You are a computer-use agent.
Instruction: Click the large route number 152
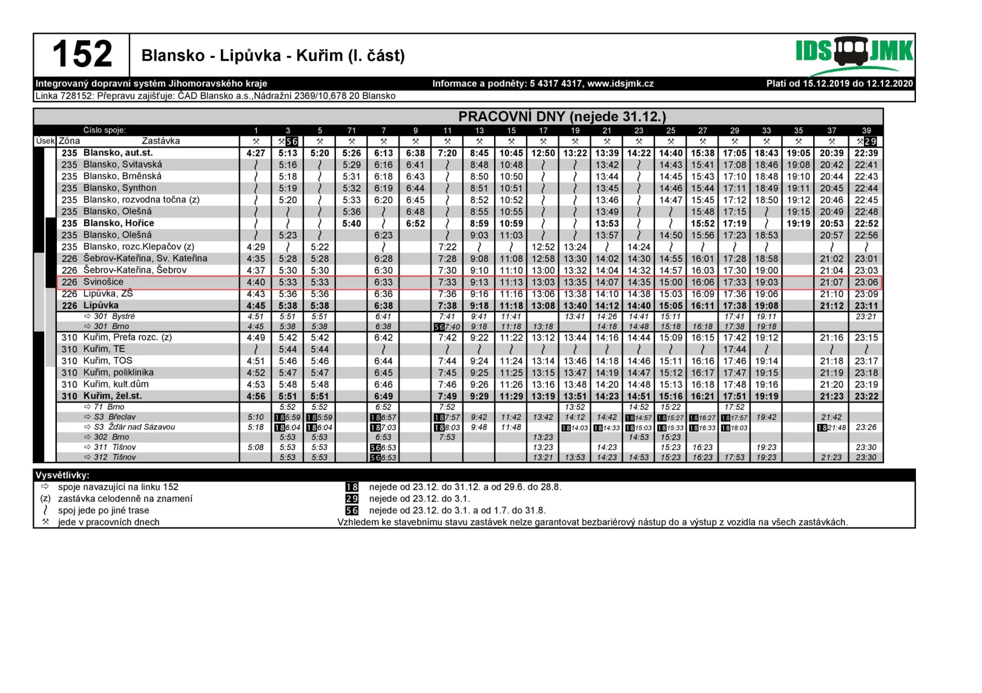coord(82,54)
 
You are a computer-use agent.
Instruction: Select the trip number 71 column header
coord(351,131)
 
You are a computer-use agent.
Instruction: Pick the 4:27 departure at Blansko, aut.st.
coord(256,153)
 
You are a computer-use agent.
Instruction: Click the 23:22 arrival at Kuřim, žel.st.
coord(866,396)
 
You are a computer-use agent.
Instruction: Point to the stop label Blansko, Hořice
coord(118,223)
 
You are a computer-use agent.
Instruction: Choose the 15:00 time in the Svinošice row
coord(671,282)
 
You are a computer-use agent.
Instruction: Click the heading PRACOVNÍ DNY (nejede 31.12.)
coord(562,117)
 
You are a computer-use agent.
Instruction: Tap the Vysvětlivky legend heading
coord(62,475)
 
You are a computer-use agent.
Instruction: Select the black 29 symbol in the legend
coord(352,499)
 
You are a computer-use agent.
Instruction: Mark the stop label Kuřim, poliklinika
coord(118,373)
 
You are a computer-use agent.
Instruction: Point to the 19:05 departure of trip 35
coord(798,153)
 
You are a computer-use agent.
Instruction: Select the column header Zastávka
coord(161,141)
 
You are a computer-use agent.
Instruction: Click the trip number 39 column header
coord(866,131)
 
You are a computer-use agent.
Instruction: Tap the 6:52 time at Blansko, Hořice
coord(415,223)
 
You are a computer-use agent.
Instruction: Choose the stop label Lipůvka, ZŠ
coord(108,294)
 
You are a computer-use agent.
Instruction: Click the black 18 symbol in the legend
coord(352,487)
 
